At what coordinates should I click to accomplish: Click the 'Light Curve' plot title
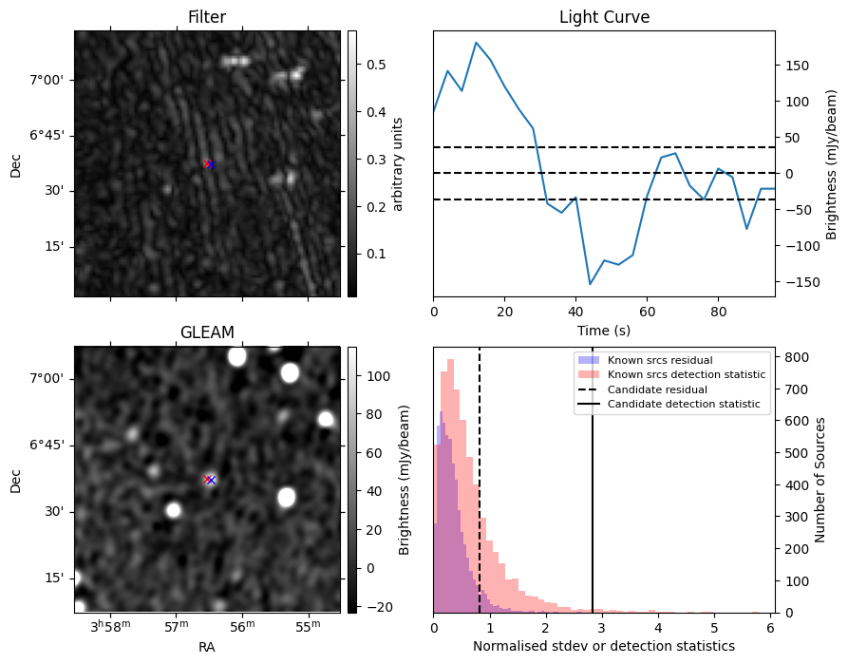point(604,17)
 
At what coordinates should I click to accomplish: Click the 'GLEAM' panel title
point(207,332)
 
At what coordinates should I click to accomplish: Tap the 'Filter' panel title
point(207,17)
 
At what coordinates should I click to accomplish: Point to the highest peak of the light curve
point(476,42)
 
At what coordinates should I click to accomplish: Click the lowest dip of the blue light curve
point(590,284)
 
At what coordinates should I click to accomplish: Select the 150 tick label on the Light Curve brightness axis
point(797,66)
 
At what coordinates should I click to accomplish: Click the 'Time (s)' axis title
point(604,331)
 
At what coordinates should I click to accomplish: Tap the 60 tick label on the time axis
point(647,312)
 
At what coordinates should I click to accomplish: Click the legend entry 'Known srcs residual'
point(660,360)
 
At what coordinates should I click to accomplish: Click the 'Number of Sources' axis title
point(820,480)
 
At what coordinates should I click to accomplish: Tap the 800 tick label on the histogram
point(797,358)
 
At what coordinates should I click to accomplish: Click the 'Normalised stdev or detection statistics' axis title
point(604,646)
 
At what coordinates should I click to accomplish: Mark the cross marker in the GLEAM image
point(209,480)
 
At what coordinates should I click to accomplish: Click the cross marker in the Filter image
point(209,164)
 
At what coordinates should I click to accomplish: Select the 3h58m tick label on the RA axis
point(111,626)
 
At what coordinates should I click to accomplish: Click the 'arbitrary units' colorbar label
point(398,164)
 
